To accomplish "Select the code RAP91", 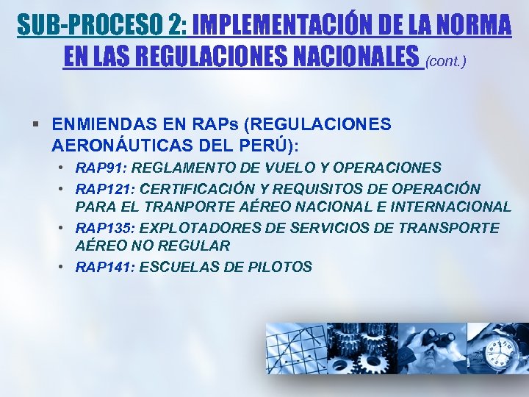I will [x=97, y=168].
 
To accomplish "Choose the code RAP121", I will [x=100, y=189].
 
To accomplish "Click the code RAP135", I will [x=100, y=228].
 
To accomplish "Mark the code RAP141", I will [x=100, y=267].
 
